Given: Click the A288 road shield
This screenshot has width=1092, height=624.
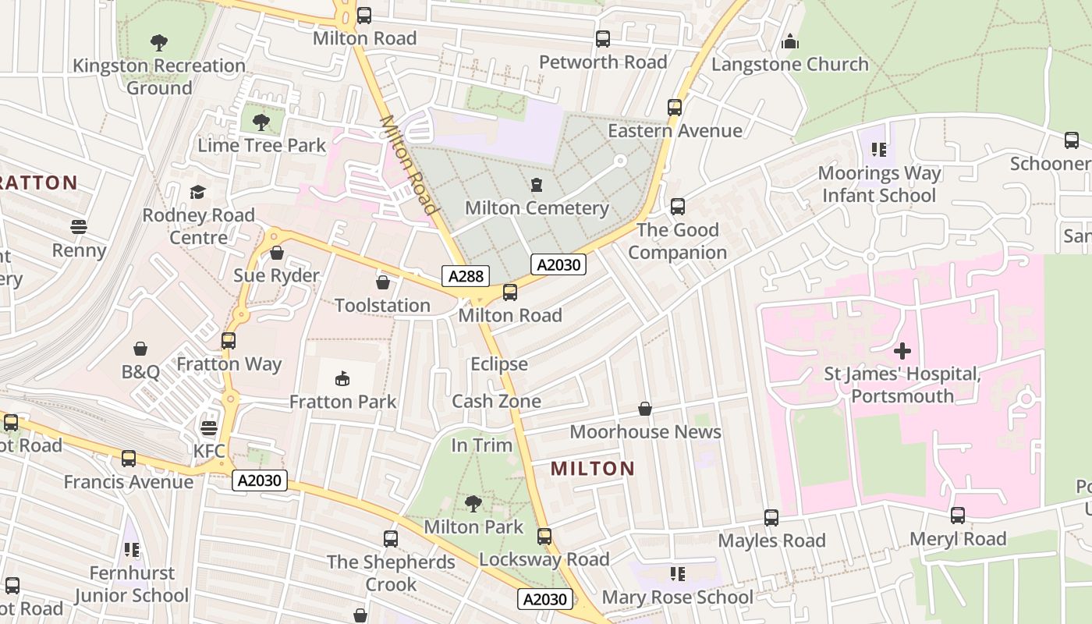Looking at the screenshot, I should [466, 275].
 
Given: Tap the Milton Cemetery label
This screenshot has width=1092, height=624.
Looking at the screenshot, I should [537, 208].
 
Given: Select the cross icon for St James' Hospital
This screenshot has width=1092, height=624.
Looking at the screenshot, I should [902, 351].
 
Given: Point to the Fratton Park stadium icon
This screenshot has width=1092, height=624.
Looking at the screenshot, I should [342, 379].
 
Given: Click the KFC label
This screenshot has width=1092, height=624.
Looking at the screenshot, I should [209, 451].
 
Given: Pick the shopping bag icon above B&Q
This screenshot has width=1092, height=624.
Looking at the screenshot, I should [140, 348].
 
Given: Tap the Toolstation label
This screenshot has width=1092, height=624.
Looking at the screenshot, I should [382, 305].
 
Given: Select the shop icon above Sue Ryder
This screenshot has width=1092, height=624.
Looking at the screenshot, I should [276, 253].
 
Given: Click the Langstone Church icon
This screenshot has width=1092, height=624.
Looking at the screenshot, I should [790, 41].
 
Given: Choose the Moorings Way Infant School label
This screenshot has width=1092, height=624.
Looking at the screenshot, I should [879, 184].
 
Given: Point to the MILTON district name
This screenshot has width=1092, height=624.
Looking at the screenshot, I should [593, 469].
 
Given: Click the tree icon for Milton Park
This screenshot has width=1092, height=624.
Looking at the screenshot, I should [473, 504].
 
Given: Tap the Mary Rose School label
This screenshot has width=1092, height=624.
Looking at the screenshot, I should [678, 597].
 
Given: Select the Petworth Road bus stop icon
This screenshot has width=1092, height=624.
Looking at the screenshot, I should [603, 39].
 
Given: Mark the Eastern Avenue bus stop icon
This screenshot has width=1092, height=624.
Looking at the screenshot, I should [675, 108].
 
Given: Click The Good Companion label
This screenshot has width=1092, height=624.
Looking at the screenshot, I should [677, 241].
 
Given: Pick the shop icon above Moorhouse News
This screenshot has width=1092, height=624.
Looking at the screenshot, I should [645, 409].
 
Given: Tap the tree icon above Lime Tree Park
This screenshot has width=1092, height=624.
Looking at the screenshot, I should [261, 122].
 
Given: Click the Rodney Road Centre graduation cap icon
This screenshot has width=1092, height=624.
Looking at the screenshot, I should [198, 192].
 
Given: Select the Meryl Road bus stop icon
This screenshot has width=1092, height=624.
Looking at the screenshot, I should [958, 516].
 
